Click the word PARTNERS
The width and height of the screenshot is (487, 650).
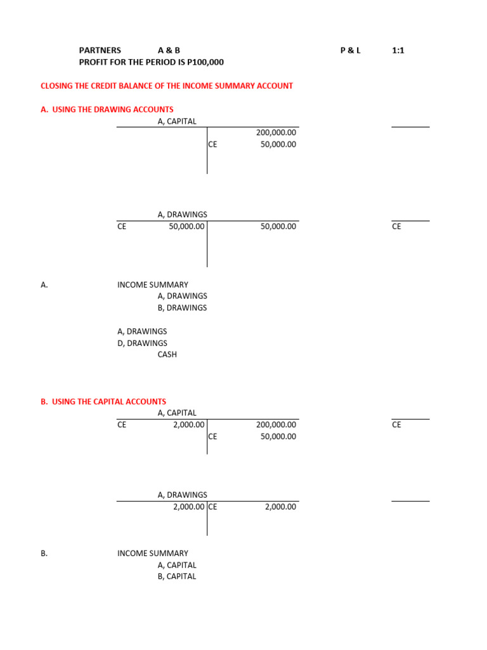point(100,50)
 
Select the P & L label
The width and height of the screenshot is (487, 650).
point(350,50)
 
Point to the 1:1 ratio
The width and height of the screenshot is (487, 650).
point(398,50)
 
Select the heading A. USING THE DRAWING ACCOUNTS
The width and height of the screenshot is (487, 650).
point(107,109)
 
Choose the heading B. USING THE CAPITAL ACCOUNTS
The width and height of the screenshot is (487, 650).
point(103,401)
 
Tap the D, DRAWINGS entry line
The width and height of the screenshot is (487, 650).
point(142,343)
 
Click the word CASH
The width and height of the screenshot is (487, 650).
point(167,354)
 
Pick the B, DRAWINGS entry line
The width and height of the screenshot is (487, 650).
point(182,308)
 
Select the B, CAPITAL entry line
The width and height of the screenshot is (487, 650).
point(177,576)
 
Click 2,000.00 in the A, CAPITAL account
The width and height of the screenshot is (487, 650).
point(188,425)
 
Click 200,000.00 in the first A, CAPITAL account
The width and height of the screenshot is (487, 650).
point(276,133)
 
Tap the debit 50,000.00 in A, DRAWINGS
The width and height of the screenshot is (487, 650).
point(186,226)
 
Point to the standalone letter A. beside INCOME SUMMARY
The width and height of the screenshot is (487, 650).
point(44,285)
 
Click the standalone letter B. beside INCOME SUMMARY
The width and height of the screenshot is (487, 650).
point(44,554)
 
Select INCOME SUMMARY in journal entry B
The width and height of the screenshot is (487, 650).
point(153,554)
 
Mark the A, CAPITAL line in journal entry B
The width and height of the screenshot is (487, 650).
point(177,565)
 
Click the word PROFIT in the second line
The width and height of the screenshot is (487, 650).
point(93,62)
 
